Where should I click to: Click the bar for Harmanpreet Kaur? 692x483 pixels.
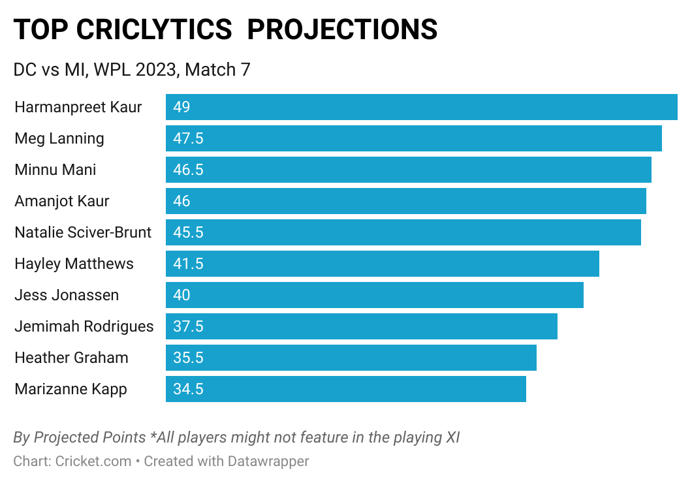(421, 107)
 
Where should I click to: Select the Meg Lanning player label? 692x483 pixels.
(59, 138)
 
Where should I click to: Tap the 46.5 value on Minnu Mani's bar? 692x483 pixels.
(188, 170)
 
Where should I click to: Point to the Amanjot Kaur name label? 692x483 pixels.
(62, 201)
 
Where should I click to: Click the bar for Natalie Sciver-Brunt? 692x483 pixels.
(403, 232)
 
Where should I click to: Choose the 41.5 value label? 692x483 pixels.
(188, 264)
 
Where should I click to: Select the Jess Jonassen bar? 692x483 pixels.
(374, 295)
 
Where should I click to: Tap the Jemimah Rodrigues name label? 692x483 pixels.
(84, 326)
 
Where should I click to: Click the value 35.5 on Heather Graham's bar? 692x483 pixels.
(188, 358)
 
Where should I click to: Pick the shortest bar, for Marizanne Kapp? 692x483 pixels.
(345, 389)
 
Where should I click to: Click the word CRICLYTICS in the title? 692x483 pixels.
(153, 29)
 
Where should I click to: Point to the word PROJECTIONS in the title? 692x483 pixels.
(342, 29)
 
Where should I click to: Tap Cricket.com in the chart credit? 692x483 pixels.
(93, 461)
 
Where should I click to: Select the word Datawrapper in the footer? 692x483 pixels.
(268, 461)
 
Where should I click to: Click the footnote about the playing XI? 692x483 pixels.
(236, 437)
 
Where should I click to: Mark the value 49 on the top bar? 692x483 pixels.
(181, 107)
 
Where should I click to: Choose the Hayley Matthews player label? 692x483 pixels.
(74, 264)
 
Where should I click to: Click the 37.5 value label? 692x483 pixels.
(188, 326)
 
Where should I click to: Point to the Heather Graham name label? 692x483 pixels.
(71, 358)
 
